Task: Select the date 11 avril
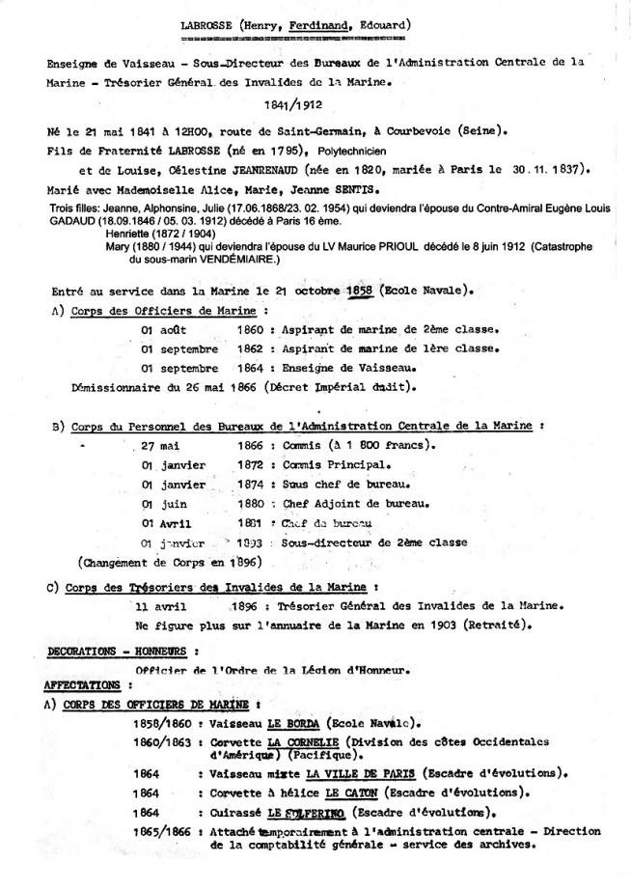click(x=161, y=607)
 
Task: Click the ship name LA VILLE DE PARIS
click(x=352, y=772)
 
